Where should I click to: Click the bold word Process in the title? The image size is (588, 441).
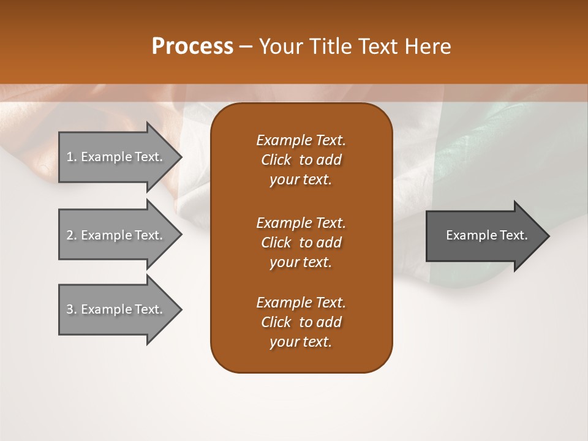click(x=192, y=47)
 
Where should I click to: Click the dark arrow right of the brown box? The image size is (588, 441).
click(x=484, y=235)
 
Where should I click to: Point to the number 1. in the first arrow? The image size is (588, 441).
click(x=71, y=157)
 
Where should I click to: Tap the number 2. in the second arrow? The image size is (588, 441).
click(x=71, y=235)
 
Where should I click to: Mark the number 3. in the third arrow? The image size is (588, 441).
click(x=71, y=309)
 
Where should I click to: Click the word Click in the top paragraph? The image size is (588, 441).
click(x=276, y=160)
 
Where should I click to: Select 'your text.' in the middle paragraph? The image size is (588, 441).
click(x=301, y=262)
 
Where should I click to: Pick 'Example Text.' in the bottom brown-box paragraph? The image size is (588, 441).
click(x=301, y=303)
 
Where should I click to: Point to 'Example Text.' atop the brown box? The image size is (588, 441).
click(x=301, y=140)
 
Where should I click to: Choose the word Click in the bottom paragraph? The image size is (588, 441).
click(x=276, y=322)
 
